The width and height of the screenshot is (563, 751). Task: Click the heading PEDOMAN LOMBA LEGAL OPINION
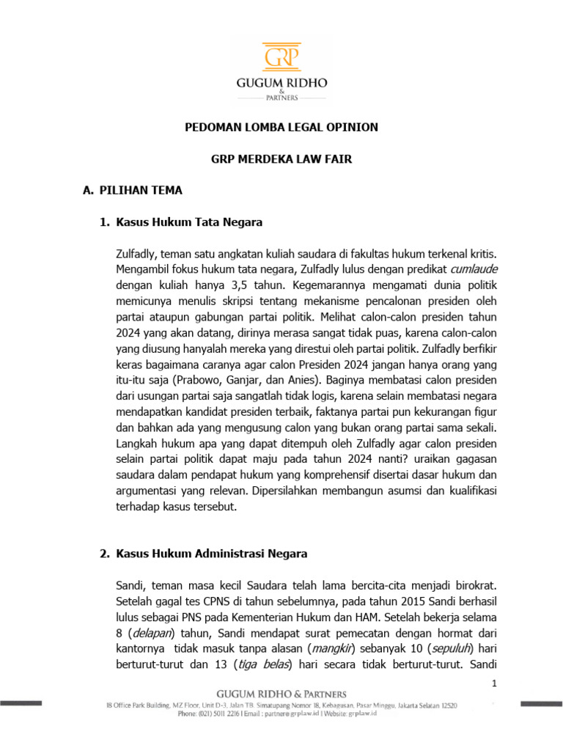click(x=281, y=127)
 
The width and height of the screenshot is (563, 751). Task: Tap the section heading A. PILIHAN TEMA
click(x=133, y=190)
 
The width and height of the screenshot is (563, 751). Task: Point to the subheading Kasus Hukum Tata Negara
click(x=189, y=221)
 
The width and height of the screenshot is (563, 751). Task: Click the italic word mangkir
click(x=331, y=649)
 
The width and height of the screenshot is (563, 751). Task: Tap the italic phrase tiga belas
click(x=265, y=664)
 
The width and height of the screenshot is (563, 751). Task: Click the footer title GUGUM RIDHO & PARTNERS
click(x=281, y=694)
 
